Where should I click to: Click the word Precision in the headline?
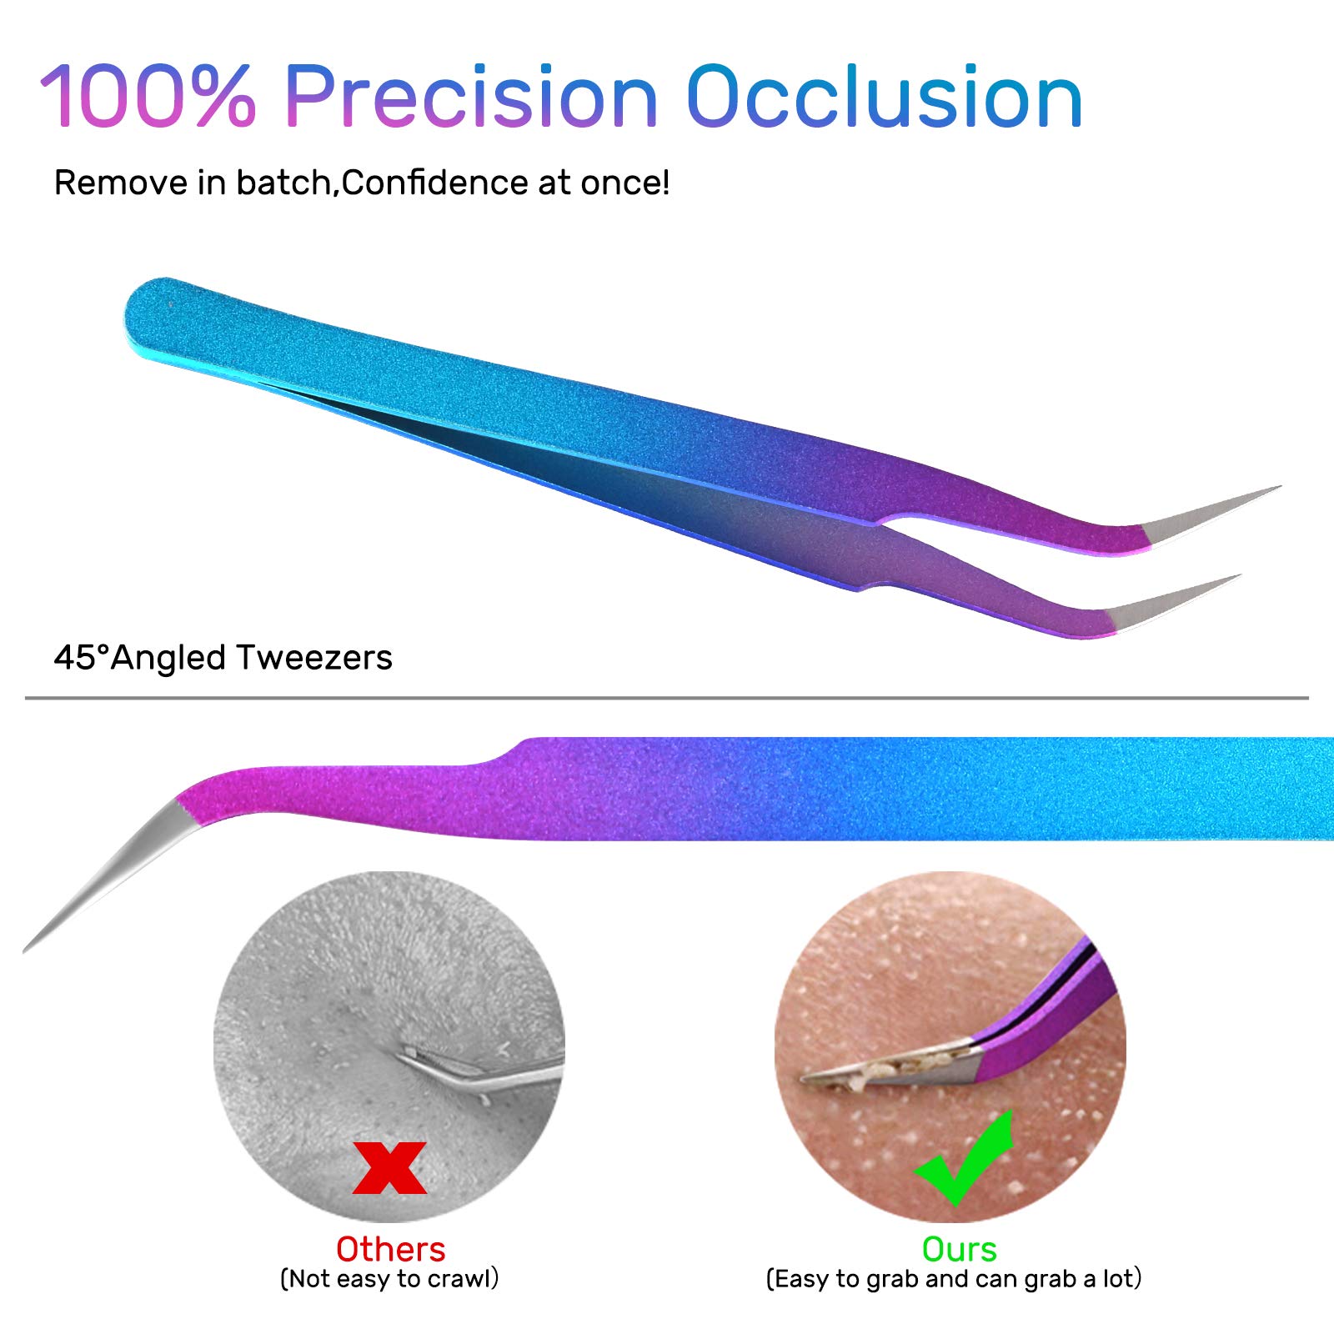pos(471,98)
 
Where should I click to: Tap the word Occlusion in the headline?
pos(884,98)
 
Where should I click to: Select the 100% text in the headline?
pos(148,98)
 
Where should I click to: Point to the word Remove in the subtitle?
pos(122,183)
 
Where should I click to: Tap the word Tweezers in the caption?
pos(313,658)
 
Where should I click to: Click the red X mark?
pos(390,1167)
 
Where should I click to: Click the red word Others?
pos(390,1250)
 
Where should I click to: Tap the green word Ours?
pos(959,1250)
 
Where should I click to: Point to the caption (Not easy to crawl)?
pos(389,1279)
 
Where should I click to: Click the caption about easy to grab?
pos(954,1279)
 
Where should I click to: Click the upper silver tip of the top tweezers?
pos(1209,513)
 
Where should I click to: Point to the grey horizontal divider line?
pos(667,698)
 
